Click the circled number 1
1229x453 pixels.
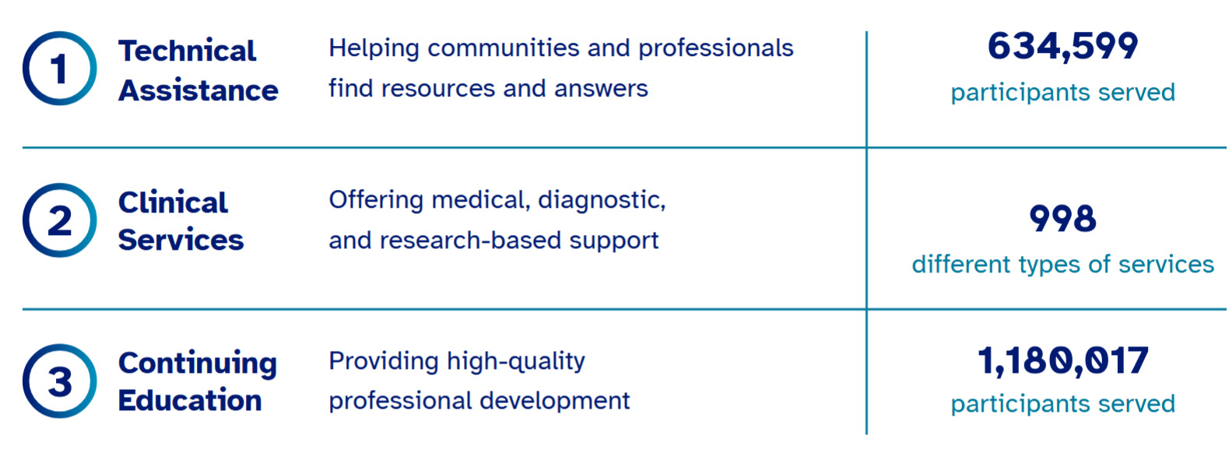click(x=59, y=68)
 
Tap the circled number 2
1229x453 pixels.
click(x=59, y=220)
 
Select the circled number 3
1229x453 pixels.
click(x=59, y=381)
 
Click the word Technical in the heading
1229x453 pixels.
click(x=187, y=51)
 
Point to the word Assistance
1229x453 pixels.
click(x=198, y=90)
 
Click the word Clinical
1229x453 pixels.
click(x=173, y=202)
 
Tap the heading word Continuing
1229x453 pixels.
click(x=198, y=363)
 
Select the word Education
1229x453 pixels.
click(x=190, y=400)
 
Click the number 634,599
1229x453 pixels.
click(x=1062, y=46)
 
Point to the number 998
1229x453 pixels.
click(x=1062, y=219)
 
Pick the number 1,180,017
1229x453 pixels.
click(x=1062, y=360)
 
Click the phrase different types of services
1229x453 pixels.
click(x=1062, y=265)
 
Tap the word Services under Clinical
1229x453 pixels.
click(x=181, y=240)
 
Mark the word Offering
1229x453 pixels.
click(x=376, y=201)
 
